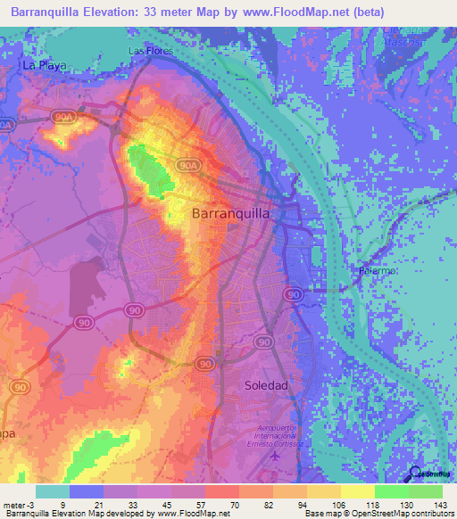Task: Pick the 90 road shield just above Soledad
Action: click(263, 342)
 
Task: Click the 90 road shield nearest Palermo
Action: click(292, 294)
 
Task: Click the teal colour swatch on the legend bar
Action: click(53, 491)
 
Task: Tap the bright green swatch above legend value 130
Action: click(392, 491)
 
